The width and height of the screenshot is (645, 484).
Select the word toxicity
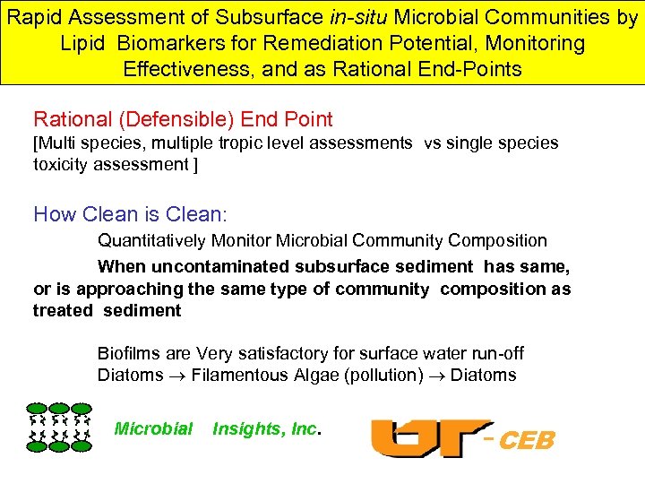click(62, 164)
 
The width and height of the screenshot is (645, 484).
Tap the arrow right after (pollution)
click(437, 376)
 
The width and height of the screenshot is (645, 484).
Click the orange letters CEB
click(527, 441)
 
